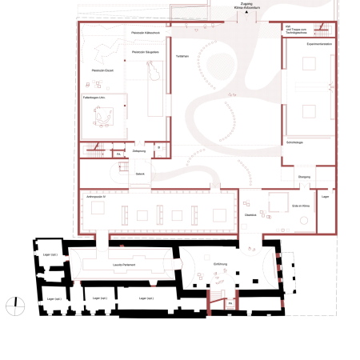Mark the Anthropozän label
click(94, 196)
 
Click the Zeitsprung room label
click(138, 150)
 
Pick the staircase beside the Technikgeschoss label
click(322, 30)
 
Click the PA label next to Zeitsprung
click(118, 153)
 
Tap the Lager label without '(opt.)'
click(325, 196)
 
